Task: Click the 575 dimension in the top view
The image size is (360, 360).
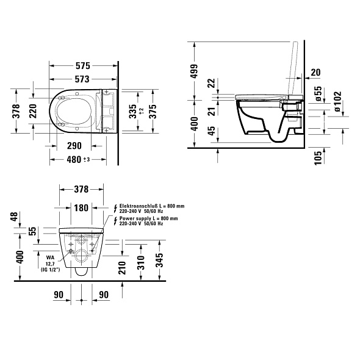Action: (83, 66)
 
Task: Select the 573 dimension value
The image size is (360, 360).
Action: (82, 79)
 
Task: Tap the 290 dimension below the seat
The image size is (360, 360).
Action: (74, 146)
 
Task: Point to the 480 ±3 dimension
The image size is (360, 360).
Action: (78, 159)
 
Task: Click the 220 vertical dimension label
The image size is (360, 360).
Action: (33, 111)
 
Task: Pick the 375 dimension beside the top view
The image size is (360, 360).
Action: (153, 112)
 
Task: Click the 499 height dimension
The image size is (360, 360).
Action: (194, 71)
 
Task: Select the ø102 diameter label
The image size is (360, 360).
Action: (337, 101)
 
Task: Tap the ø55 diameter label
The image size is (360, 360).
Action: (319, 94)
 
